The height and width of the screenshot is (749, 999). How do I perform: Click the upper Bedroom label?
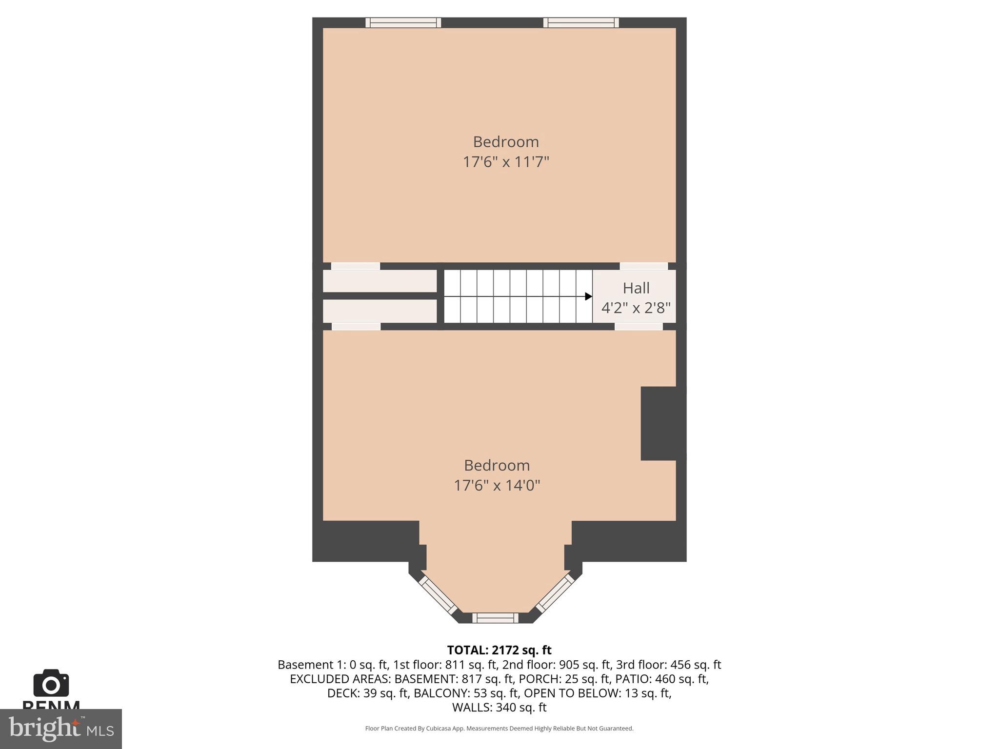pos(506,142)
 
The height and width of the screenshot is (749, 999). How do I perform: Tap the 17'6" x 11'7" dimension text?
pos(506,162)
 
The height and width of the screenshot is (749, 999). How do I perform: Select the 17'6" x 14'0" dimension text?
pos(497,486)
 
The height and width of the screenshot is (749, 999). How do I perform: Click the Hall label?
pos(636,288)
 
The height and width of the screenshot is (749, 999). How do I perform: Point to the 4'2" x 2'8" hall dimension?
pos(636,308)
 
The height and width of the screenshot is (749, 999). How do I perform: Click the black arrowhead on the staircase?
pos(589,296)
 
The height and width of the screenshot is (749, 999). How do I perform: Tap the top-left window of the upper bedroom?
pos(403,22)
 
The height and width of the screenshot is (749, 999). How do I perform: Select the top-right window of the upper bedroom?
pos(581,22)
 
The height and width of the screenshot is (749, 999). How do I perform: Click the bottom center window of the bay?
pos(495,618)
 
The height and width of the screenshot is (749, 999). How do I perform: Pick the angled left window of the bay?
pos(438,594)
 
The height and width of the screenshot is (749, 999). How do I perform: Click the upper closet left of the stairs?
pos(380,281)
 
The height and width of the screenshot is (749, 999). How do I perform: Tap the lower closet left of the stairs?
pos(380,311)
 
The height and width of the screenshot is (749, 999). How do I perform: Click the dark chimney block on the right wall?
pos(662,423)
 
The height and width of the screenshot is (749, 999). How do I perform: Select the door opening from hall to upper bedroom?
pos(643,266)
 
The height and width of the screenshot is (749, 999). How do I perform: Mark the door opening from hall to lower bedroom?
pos(639,326)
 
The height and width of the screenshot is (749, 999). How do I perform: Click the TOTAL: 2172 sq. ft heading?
pos(499,650)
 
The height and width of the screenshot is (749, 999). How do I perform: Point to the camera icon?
pos(51,684)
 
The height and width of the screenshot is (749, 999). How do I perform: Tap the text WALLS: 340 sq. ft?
pos(499,707)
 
